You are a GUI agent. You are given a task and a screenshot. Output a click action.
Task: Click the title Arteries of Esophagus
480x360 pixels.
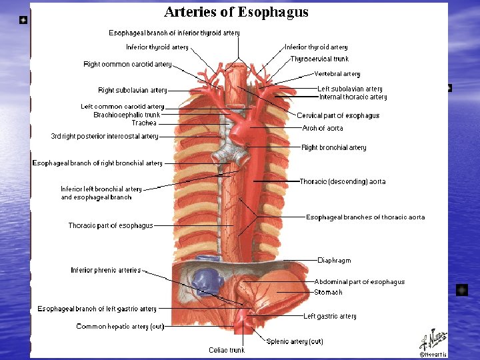click(236, 12)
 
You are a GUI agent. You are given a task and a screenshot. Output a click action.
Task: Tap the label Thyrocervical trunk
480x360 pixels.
click(319, 59)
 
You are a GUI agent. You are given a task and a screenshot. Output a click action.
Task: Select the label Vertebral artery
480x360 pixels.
click(337, 74)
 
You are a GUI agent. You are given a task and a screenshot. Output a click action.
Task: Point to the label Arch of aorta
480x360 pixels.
click(323, 128)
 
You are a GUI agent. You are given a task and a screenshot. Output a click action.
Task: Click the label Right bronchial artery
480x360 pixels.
click(334, 148)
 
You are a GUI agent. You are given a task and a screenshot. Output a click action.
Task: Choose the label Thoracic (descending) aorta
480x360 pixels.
click(343, 181)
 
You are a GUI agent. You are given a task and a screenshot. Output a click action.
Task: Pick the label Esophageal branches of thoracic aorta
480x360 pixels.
click(365, 217)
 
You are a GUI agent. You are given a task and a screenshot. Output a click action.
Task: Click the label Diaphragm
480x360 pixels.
click(334, 261)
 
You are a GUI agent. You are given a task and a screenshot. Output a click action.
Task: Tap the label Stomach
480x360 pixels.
click(328, 292)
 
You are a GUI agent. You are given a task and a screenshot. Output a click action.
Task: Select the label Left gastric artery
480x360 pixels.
click(330, 317)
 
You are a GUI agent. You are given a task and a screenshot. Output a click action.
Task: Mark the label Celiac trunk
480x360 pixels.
click(227, 350)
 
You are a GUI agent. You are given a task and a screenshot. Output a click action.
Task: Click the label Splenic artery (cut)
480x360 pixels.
click(295, 341)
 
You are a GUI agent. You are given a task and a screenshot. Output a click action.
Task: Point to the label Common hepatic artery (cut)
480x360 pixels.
click(120, 327)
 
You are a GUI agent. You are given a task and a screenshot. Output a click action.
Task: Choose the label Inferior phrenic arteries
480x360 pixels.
click(106, 271)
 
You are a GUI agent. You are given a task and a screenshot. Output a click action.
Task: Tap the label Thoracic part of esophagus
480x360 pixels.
click(111, 226)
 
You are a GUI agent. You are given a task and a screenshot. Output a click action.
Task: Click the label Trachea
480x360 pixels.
click(144, 123)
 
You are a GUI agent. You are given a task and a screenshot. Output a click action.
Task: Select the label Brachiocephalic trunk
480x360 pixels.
click(127, 115)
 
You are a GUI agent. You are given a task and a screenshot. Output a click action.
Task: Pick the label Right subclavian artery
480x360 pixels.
click(133, 91)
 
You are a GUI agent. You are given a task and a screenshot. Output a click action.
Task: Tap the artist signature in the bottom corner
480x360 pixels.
click(433, 344)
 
